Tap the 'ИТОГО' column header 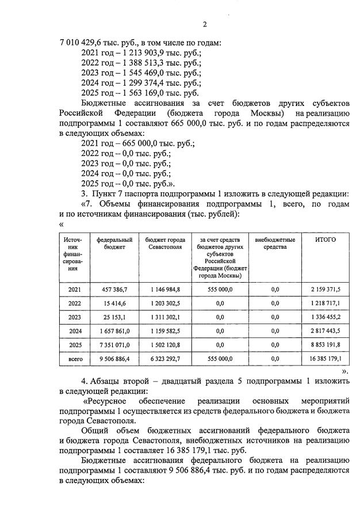tap(325, 239)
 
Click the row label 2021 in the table tap(75, 290)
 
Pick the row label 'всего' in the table tap(75, 359)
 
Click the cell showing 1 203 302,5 tap(166, 303)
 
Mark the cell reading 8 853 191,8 tap(325, 345)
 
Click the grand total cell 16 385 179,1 tap(325, 359)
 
